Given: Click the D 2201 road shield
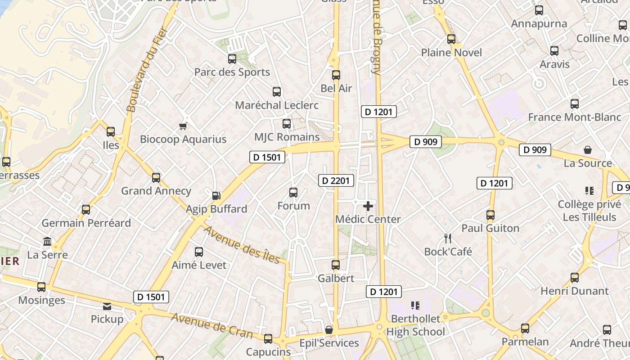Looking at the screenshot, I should [336, 181].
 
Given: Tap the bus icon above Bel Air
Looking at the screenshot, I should [336, 75].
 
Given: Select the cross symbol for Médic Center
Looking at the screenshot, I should [368, 206].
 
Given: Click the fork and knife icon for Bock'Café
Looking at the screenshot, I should [447, 238].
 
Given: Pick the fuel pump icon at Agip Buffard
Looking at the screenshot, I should [216, 196].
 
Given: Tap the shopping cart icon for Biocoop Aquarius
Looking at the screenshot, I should [183, 126].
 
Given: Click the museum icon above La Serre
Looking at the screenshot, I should [47, 242].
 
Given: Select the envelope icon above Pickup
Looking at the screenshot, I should [107, 306].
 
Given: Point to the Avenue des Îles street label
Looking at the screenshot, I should [242, 245].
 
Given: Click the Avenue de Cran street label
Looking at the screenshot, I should [212, 325].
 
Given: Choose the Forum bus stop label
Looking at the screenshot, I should [293, 206].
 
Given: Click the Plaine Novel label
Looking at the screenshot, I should [451, 53].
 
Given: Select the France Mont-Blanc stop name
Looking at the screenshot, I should [574, 117].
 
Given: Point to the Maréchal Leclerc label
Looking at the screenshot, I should [277, 105].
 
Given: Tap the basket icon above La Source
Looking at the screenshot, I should [587, 150].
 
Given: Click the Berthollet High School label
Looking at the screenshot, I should [416, 325].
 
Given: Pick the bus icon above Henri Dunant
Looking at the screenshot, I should [574, 278].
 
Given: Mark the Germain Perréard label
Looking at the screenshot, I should [86, 223].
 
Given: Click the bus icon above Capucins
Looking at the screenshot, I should [268, 339].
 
